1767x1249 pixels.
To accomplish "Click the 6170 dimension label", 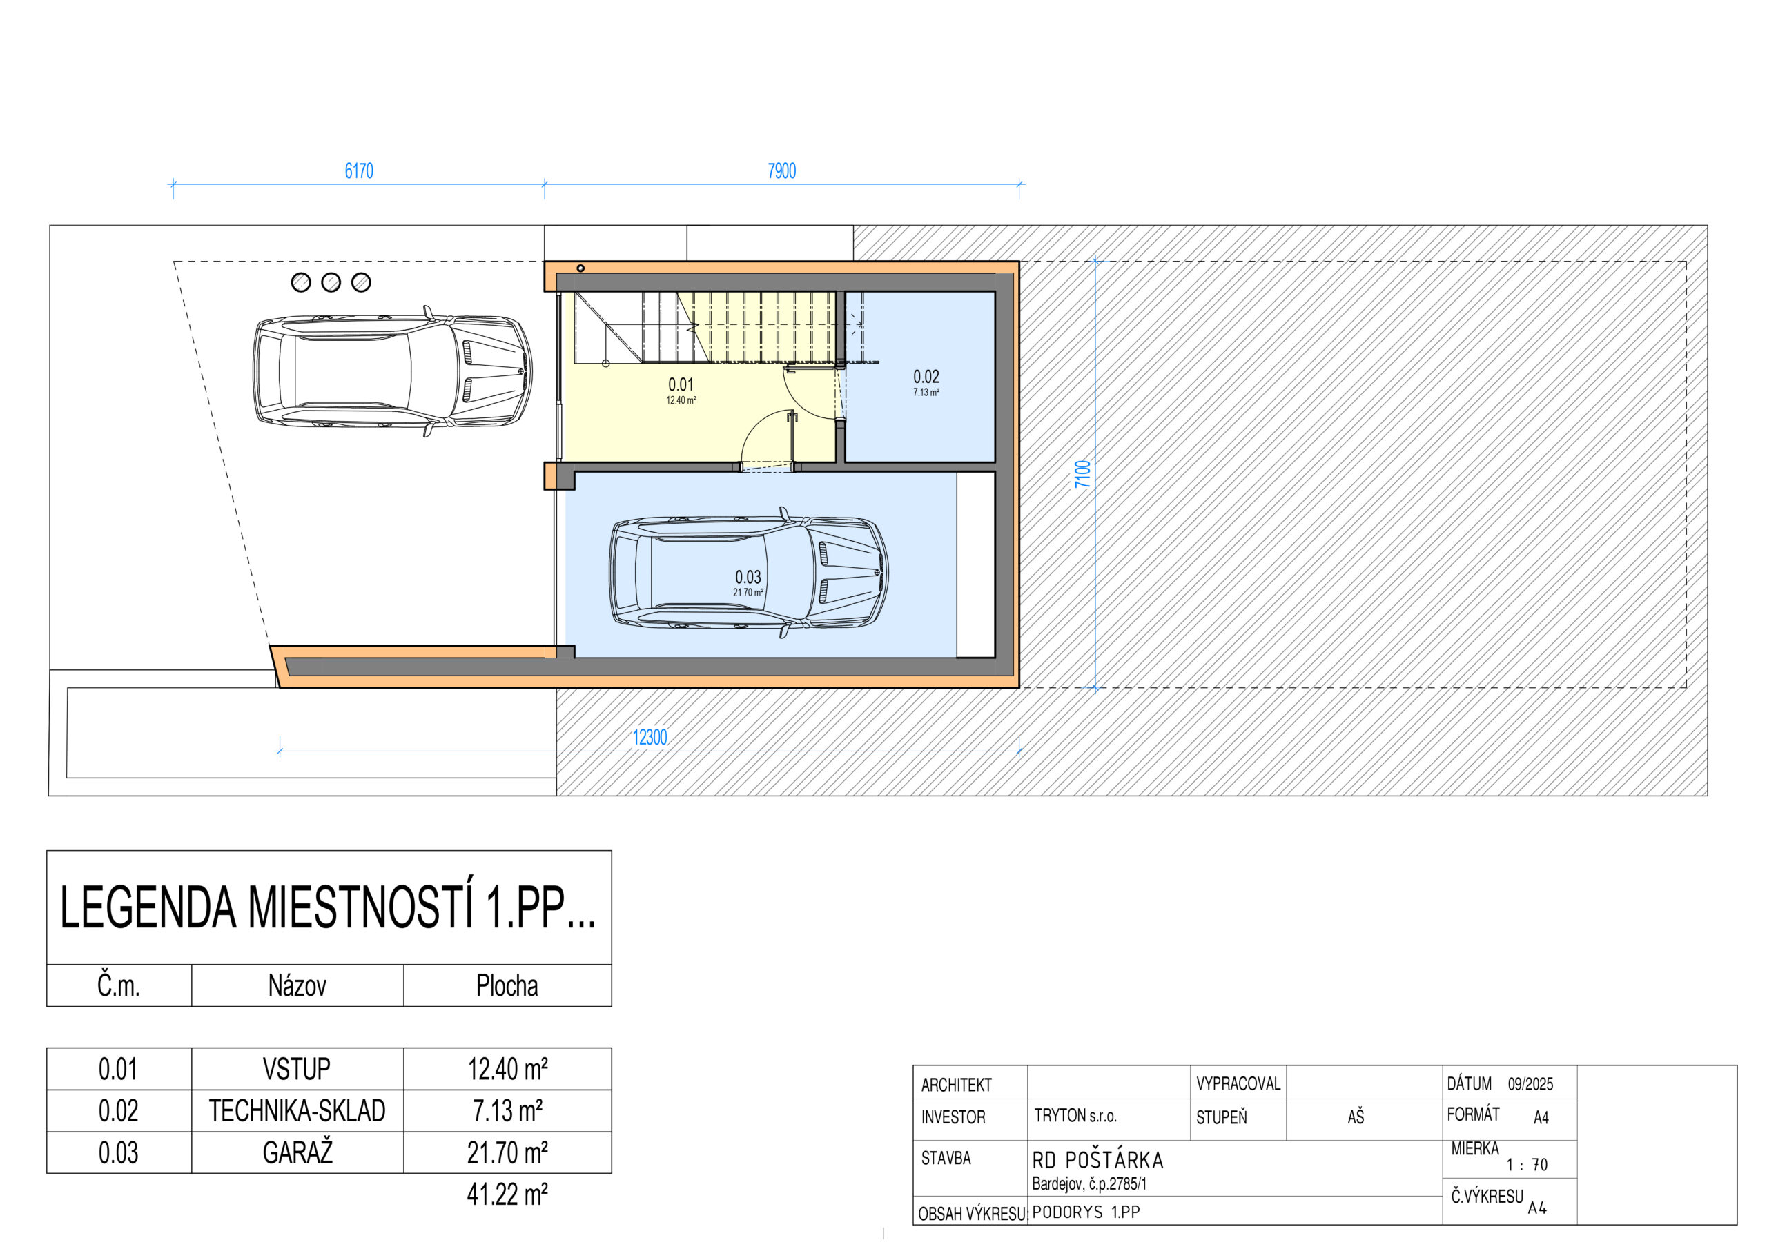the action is (359, 171).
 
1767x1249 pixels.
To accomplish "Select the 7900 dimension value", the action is (781, 171).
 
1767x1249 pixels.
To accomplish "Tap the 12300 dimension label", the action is (650, 737).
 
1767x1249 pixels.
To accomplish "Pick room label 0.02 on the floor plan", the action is (926, 376).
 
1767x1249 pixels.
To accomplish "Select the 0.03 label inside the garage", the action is (748, 577).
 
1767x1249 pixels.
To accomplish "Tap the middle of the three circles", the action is (331, 282).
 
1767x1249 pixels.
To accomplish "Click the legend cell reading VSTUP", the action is (296, 1069).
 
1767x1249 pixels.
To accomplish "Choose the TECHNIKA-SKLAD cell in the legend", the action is (297, 1110).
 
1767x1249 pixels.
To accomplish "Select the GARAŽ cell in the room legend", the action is (297, 1152).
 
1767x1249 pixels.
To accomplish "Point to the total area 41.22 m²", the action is (507, 1194).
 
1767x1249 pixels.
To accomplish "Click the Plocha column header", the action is (507, 986).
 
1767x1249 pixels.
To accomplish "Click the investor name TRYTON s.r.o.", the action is (1075, 1116).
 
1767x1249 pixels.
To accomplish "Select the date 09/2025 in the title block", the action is (1530, 1084).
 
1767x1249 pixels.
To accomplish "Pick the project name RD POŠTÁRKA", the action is (1097, 1161).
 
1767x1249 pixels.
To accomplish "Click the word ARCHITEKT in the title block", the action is (957, 1085).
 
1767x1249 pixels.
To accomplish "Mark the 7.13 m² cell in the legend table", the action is (507, 1110).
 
